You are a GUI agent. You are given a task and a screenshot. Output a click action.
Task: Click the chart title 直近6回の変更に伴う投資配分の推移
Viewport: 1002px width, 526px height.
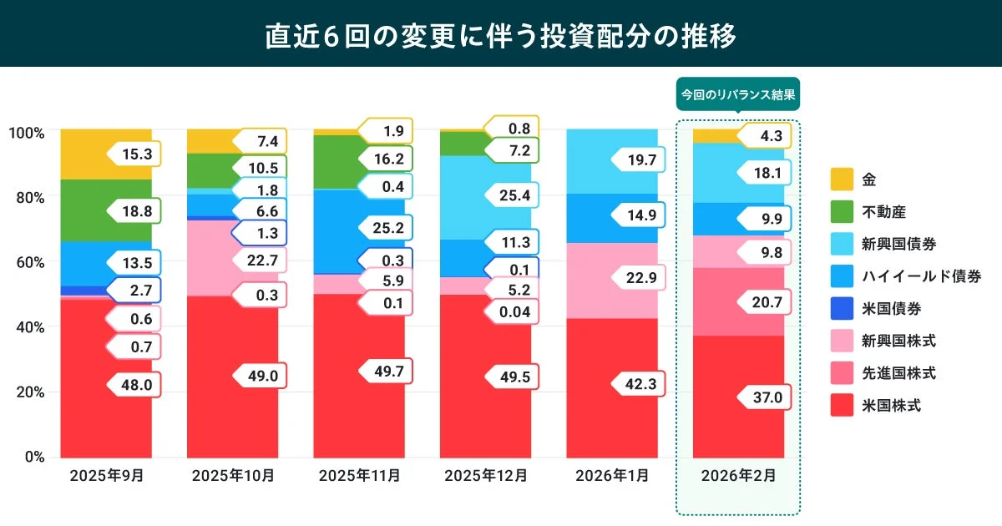[x=500, y=36]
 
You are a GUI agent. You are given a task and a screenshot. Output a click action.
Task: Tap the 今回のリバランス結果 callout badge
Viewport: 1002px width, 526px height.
[x=737, y=94]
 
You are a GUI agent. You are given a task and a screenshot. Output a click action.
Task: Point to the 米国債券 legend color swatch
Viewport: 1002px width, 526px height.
[x=842, y=309]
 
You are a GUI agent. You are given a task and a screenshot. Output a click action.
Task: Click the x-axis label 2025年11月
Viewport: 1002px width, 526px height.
[x=359, y=476]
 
